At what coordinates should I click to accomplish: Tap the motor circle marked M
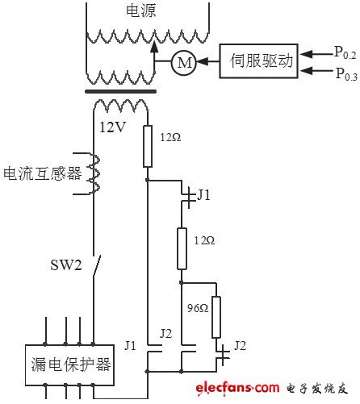pyautogui.click(x=183, y=60)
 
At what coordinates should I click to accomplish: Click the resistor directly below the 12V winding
pyautogui.click(x=147, y=146)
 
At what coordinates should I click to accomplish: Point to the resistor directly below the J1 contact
pyautogui.click(x=182, y=248)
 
